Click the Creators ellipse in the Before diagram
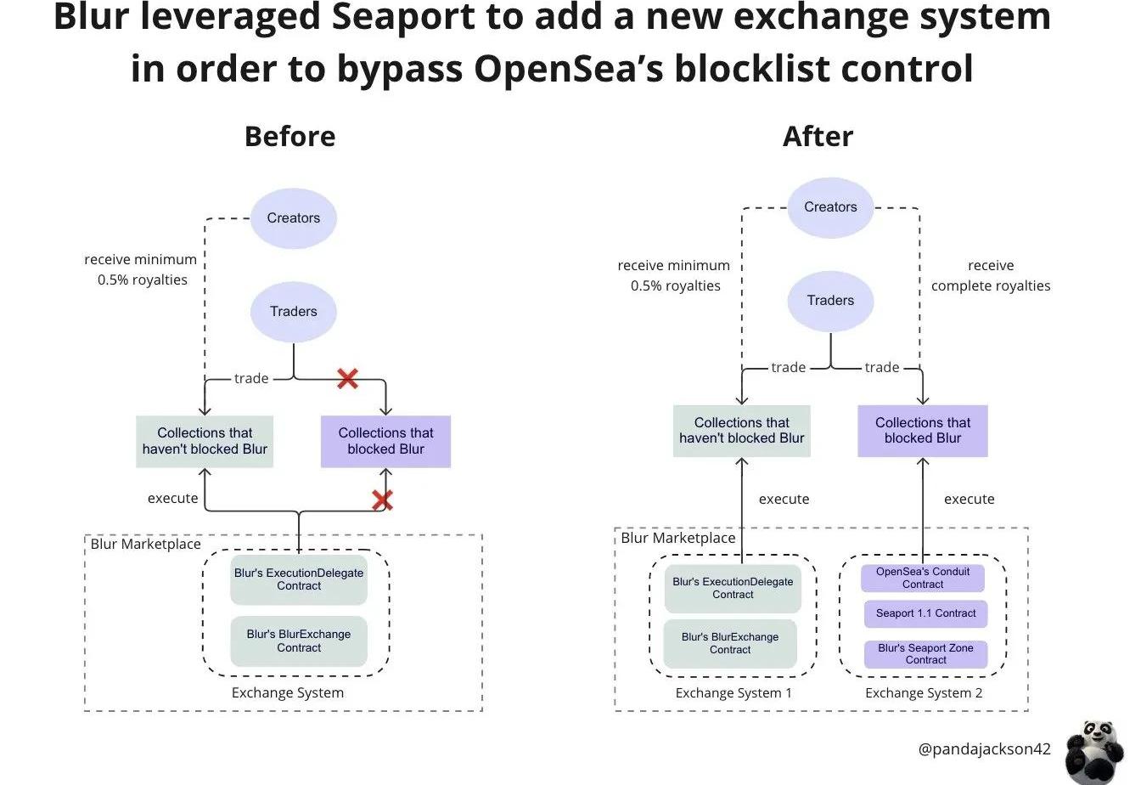pyautogui.click(x=293, y=218)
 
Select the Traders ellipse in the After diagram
pyautogui.click(x=830, y=301)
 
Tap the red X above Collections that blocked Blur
pyautogui.click(x=346, y=379)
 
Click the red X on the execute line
pyautogui.click(x=382, y=500)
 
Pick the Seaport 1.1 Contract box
pyautogui.click(x=925, y=613)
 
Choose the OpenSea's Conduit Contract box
pyautogui.click(x=923, y=579)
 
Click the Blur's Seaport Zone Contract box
pyautogui.click(x=925, y=654)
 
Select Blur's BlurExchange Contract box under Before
pyautogui.click(x=299, y=641)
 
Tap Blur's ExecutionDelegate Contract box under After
pyautogui.click(x=733, y=589)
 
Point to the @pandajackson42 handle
pyautogui.click(x=984, y=749)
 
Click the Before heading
pyautogui.click(x=289, y=137)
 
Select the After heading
pyautogui.click(x=818, y=137)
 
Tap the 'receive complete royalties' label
pyautogui.click(x=990, y=276)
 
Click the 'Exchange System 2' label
pyautogui.click(x=924, y=693)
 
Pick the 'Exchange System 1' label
pyautogui.click(x=733, y=693)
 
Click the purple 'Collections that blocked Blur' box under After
pyautogui.click(x=923, y=431)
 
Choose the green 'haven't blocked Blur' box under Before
pyautogui.click(x=205, y=441)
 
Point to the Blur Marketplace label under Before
pyautogui.click(x=146, y=544)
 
